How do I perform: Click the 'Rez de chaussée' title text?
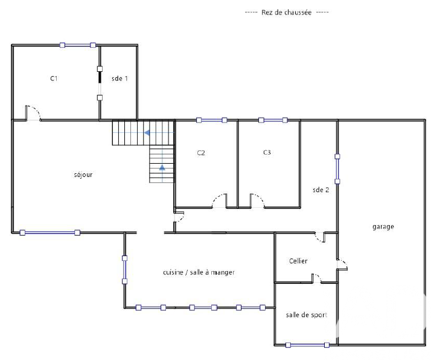286,12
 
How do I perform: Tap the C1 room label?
54,79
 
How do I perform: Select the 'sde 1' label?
120,79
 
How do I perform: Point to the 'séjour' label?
83,175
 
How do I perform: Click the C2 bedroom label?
201,153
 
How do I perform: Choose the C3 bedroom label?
267,152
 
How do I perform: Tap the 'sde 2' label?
321,190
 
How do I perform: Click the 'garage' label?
383,227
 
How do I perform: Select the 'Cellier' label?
298,261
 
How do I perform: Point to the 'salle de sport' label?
307,315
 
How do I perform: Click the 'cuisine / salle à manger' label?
199,272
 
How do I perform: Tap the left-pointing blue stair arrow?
147,133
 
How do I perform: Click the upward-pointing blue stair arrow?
162,167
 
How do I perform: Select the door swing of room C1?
34,113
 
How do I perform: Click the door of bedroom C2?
220,201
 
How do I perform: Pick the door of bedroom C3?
257,201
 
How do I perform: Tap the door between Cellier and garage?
342,265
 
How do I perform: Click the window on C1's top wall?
78,45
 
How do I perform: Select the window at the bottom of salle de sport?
307,345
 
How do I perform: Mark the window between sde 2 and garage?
337,169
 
